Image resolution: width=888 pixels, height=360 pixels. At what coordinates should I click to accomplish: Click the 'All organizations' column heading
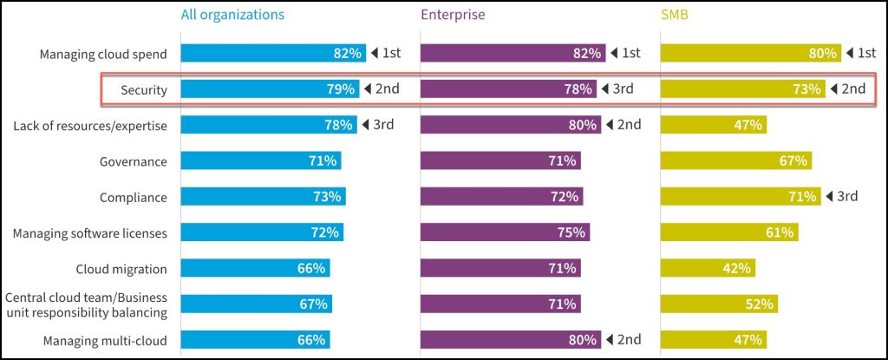[232, 15]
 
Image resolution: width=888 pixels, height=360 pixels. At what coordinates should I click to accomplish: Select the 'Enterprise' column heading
[453, 15]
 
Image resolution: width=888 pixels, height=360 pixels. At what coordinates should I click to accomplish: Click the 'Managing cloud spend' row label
[103, 54]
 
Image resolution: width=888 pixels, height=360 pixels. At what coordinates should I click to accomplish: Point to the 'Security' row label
[144, 89]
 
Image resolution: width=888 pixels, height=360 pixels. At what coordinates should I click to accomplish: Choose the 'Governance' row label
[133, 160]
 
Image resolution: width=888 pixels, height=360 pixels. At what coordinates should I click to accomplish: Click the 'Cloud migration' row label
[121, 268]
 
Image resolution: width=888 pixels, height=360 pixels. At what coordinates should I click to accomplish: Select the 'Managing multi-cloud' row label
[105, 340]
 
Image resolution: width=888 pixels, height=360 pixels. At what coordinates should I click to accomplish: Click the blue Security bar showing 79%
[269, 88]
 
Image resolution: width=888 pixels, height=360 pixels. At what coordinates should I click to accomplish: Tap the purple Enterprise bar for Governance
[500, 160]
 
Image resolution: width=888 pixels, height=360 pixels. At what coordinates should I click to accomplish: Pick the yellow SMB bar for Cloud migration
[708, 268]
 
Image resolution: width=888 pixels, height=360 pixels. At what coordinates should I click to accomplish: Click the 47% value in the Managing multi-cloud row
[748, 340]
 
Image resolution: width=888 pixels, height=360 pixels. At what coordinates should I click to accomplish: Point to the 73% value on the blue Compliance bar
[327, 197]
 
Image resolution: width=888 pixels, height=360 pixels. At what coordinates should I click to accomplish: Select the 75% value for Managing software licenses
[571, 232]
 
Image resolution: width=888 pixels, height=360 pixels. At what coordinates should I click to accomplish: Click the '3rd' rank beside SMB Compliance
[846, 196]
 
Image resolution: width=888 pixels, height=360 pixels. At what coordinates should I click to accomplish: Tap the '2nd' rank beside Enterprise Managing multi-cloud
[628, 339]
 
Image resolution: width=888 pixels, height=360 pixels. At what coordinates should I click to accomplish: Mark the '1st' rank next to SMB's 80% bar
[865, 53]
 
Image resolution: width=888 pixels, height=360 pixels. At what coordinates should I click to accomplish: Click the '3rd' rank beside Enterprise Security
[623, 88]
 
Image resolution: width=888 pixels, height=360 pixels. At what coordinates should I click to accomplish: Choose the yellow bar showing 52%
[718, 304]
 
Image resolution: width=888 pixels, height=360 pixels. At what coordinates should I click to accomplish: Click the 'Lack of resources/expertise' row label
[90, 125]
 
